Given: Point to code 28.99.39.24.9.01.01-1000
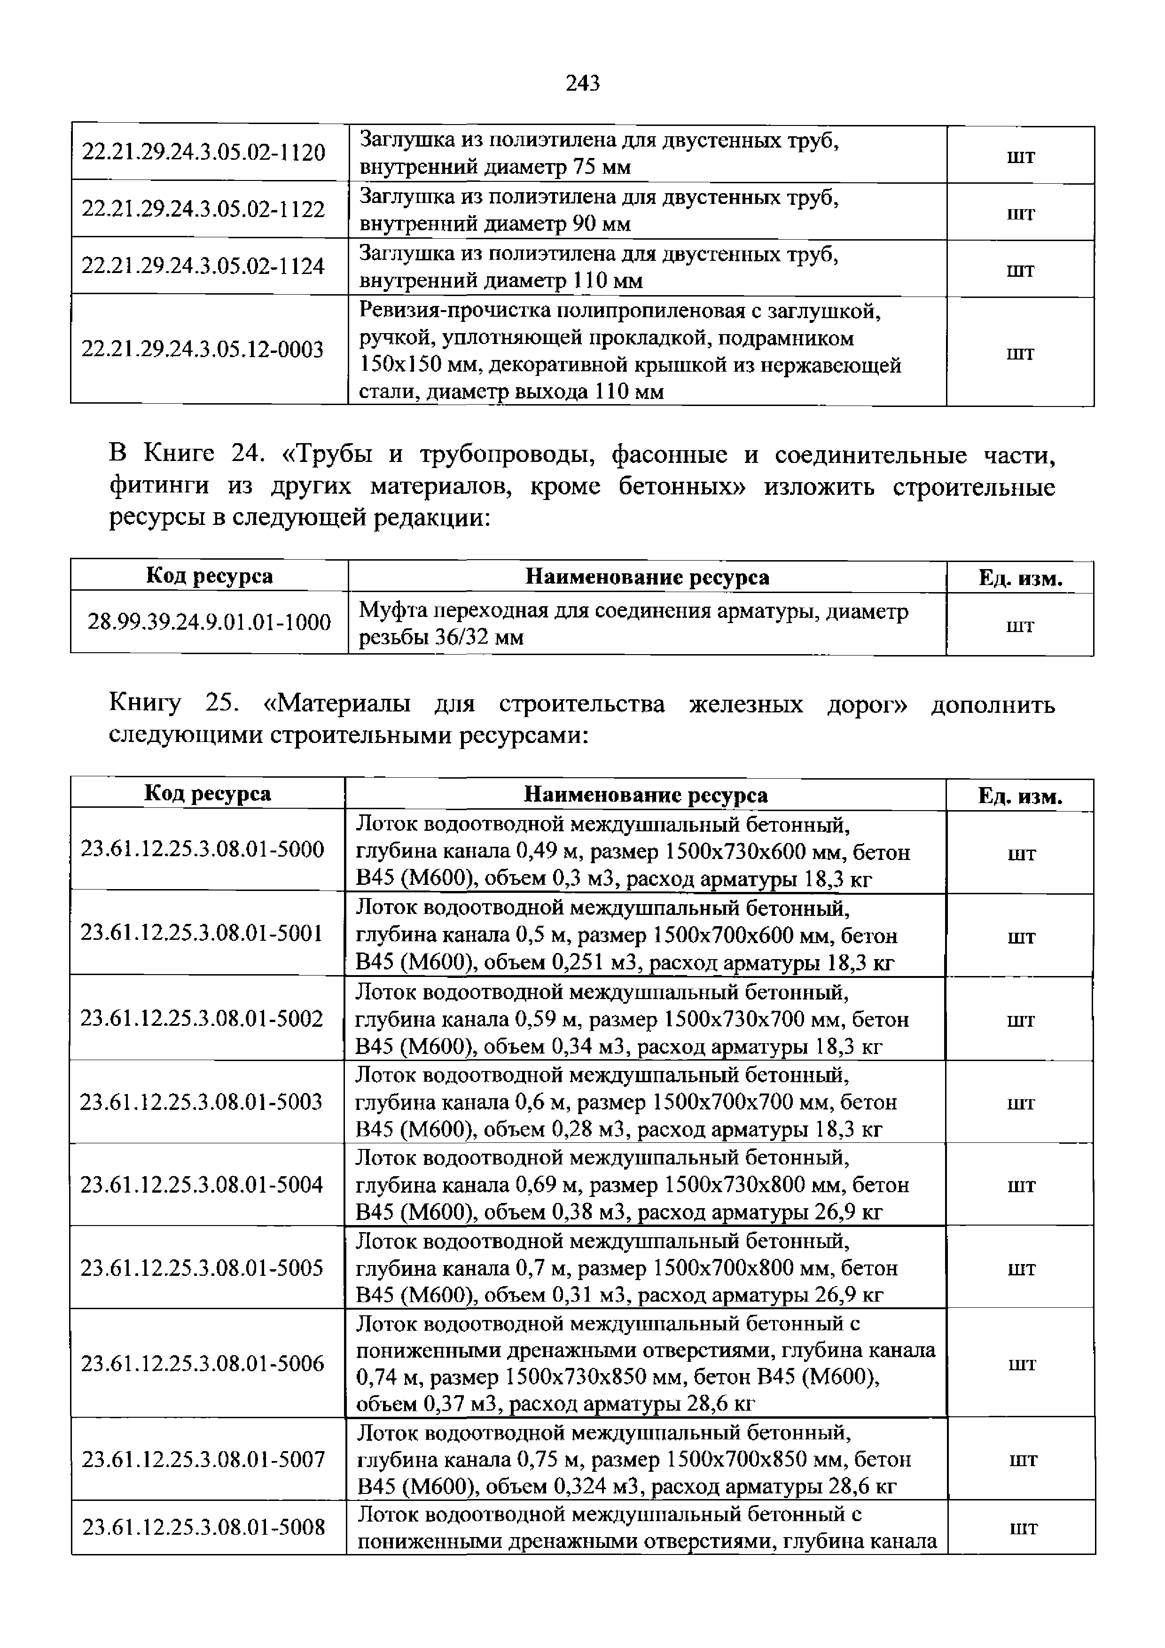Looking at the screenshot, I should [209, 622].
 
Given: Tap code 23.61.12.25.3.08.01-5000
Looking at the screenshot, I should [203, 850].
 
